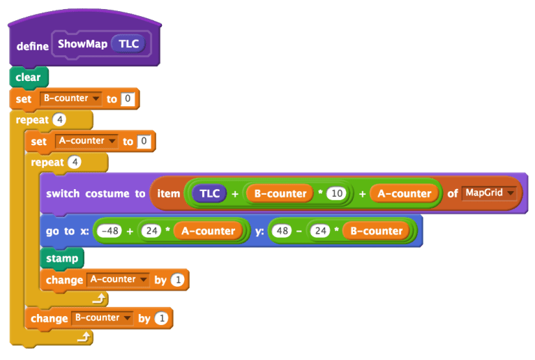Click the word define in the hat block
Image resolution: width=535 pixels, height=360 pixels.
click(33, 45)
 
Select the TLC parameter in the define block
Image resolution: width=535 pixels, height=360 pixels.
click(128, 44)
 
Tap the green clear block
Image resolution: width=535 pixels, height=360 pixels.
click(28, 77)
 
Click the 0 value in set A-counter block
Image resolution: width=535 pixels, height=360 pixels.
click(144, 142)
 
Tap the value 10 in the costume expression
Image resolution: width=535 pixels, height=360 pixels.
click(336, 193)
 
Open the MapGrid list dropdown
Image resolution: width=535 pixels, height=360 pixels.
click(511, 193)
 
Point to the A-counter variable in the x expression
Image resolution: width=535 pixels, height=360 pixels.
click(209, 231)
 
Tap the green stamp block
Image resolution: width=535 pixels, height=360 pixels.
click(62, 259)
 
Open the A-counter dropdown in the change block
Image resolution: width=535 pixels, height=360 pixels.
click(143, 280)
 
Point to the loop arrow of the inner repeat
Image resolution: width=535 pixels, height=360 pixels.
click(100, 298)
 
